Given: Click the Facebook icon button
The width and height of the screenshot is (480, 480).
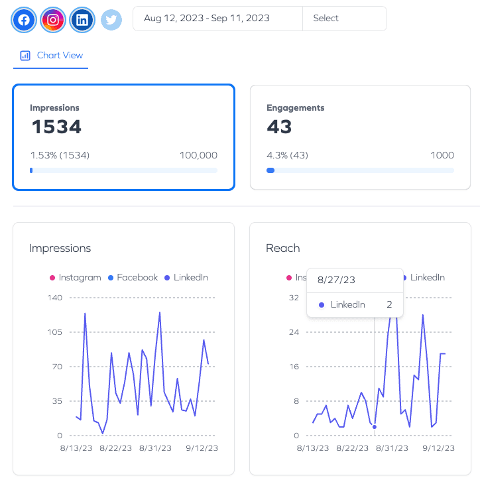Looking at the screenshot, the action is tap(24, 20).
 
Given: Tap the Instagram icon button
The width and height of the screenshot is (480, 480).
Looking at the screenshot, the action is tap(53, 20).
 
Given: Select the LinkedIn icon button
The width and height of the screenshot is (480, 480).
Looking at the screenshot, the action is tap(82, 20).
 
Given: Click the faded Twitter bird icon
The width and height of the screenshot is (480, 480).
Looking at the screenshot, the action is tap(111, 20).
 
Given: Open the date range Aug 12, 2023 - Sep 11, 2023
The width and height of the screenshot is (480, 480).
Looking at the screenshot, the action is tap(207, 19).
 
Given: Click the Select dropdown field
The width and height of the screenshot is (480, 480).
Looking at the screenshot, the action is tap(345, 19).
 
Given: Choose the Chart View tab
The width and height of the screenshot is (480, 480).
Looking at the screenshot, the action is tap(51, 56).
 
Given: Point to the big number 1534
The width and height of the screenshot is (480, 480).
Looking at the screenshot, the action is tap(56, 127).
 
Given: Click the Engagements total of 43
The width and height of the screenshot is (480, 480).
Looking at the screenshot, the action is tap(279, 127).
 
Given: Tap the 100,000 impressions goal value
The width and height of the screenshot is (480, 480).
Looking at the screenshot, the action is tap(198, 155).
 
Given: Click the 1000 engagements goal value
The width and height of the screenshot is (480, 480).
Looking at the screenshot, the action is tap(442, 155).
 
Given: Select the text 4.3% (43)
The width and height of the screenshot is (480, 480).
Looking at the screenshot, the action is tap(287, 155).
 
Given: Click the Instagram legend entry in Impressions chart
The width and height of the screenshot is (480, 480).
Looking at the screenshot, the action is tap(76, 277).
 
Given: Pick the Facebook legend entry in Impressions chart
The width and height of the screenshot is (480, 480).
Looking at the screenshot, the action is tap(133, 277).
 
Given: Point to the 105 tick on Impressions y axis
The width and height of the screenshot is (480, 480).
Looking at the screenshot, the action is tap(54, 332).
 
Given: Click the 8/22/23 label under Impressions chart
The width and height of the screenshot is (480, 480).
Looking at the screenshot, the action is tap(116, 448).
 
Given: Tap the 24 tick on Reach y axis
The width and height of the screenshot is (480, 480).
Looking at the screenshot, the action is tap(294, 332).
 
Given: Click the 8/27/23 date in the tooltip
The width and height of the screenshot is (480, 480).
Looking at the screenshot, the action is tap(336, 280).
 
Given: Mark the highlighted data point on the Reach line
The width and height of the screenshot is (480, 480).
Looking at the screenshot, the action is tap(375, 427).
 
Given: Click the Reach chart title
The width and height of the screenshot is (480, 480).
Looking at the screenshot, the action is tap(283, 248).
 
